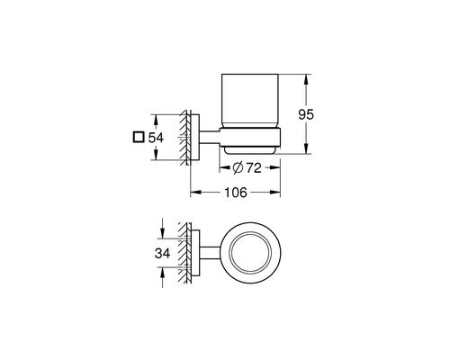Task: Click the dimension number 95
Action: [306, 114]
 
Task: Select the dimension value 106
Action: [236, 193]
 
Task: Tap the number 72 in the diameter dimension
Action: [254, 168]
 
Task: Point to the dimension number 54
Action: [156, 138]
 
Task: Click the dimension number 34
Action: [162, 254]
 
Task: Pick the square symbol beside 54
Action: [138, 138]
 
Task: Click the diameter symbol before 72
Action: [238, 168]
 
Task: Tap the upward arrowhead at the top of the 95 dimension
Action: [306, 79]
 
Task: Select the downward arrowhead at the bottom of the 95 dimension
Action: [306, 148]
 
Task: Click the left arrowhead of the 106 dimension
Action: [196, 193]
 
